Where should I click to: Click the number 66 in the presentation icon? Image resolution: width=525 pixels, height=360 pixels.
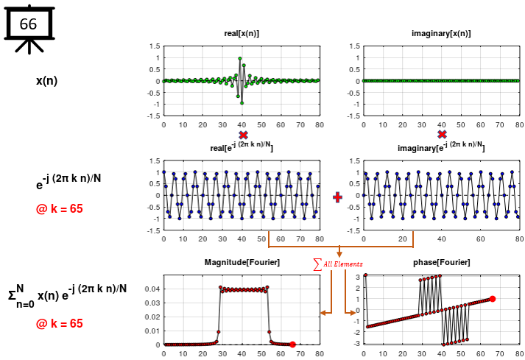pyautogui.click(x=28, y=24)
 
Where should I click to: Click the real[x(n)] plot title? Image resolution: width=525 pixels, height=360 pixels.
pyautogui.click(x=242, y=34)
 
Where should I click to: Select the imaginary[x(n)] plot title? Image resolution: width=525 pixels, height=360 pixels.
pyautogui.click(x=441, y=34)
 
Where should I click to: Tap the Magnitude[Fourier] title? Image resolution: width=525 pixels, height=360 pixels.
pyautogui.click(x=242, y=263)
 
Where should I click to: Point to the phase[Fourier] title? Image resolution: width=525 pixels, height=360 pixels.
pyautogui.click(x=441, y=263)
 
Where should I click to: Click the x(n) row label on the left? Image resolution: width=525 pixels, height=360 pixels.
pyautogui.click(x=48, y=80)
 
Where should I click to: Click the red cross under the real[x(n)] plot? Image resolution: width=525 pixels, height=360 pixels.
pyautogui.click(x=243, y=135)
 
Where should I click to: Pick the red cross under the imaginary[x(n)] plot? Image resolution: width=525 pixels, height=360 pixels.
pyautogui.click(x=442, y=135)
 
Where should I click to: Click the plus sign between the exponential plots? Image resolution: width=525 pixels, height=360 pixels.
pyautogui.click(x=338, y=197)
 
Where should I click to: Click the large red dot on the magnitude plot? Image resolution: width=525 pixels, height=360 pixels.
pyautogui.click(x=292, y=344)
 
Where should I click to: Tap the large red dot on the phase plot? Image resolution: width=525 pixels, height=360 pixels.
pyautogui.click(x=492, y=299)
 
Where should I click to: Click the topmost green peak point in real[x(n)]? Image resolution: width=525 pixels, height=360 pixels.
pyautogui.click(x=240, y=58)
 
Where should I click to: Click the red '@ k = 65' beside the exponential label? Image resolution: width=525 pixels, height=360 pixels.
pyautogui.click(x=60, y=209)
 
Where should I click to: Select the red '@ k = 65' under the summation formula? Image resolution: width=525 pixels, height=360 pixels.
pyautogui.click(x=60, y=323)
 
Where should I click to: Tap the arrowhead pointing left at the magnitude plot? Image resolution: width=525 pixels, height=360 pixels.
pyautogui.click(x=323, y=314)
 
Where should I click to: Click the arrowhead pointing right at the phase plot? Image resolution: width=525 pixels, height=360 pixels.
pyautogui.click(x=354, y=314)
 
